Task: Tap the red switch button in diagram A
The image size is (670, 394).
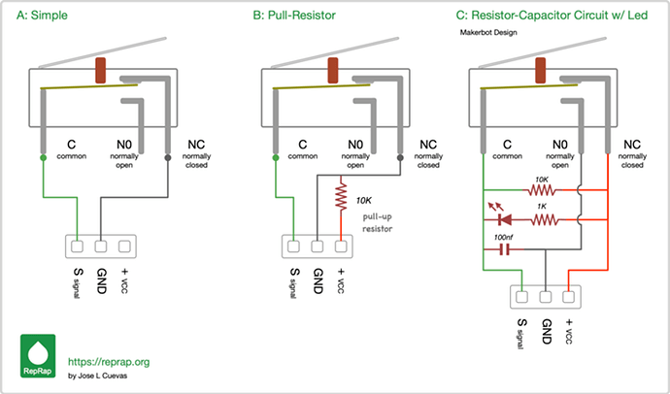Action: [x=101, y=71]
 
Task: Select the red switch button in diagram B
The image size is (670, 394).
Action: [x=332, y=71]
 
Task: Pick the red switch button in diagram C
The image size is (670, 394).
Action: [x=540, y=71]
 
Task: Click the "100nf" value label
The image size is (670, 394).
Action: [x=504, y=236]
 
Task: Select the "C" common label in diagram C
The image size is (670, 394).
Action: [x=509, y=146]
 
